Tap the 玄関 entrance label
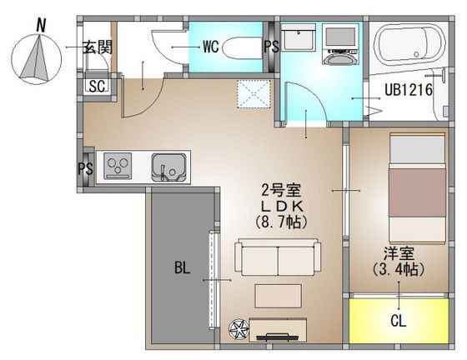tap(97, 47)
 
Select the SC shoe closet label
tap(96, 86)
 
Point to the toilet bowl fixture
tap(243, 47)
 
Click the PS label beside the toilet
tap(271, 47)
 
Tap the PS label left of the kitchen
tap(85, 168)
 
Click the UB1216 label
tap(408, 91)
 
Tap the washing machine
tap(340, 47)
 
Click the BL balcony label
tap(182, 268)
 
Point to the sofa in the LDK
tap(277, 257)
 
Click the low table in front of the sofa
tap(278, 297)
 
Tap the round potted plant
tap(240, 331)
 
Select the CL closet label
tap(398, 320)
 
